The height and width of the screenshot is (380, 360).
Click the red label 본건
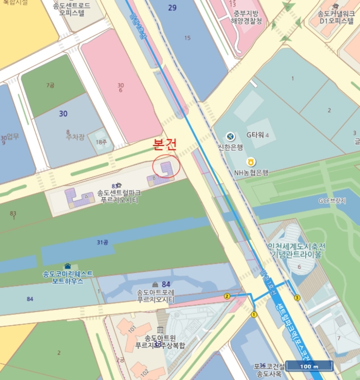point(165,145)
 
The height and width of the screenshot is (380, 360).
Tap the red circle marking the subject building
point(167,167)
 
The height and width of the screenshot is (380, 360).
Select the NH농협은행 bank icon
point(251,162)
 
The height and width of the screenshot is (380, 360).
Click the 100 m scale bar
point(308,366)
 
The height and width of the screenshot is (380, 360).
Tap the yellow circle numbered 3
point(297,297)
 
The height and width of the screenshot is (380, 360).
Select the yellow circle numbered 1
point(254,314)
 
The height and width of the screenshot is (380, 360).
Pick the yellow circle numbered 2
point(227,296)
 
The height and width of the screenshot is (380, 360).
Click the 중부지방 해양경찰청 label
point(248,17)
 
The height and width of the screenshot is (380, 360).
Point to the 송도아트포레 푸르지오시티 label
point(155,296)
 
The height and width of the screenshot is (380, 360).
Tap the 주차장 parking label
point(76,137)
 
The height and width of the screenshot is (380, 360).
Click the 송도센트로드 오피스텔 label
point(75,8)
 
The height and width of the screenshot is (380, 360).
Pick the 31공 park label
point(102,242)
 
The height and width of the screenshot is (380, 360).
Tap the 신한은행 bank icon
point(230,136)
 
